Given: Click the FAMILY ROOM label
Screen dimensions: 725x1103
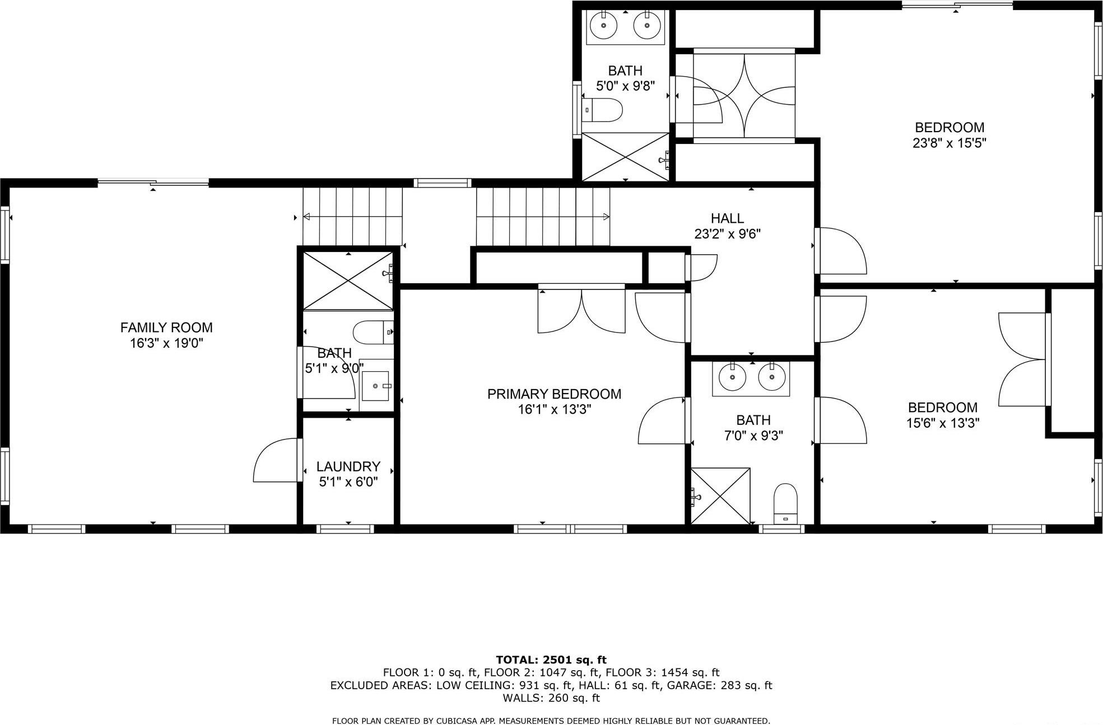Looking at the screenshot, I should click(166, 328).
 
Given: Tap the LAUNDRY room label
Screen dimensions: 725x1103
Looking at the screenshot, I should click(348, 466).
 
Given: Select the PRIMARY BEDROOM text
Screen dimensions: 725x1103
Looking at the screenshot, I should click(554, 394).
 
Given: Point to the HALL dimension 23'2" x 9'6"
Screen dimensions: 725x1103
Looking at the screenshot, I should click(727, 234).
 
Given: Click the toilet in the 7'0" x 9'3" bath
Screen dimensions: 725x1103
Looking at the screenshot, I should click(785, 502).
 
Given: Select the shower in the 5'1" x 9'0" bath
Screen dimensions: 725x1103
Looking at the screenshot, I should click(348, 280).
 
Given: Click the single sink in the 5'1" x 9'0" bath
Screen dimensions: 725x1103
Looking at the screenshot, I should click(375, 386).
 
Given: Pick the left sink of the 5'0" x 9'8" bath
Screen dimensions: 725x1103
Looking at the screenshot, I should click(604, 26).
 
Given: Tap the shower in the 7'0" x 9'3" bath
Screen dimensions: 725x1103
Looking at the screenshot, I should click(720, 496).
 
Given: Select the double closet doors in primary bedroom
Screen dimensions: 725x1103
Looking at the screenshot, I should click(581, 312).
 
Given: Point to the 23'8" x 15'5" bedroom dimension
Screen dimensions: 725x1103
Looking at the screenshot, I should click(949, 143).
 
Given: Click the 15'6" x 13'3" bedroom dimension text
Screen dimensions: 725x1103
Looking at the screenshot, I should click(943, 423).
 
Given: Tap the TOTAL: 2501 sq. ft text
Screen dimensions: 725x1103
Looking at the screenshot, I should click(551, 660).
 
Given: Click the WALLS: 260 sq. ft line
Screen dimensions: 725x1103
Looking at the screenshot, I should click(551, 698).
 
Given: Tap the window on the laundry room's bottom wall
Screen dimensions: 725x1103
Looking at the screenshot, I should click(345, 528).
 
